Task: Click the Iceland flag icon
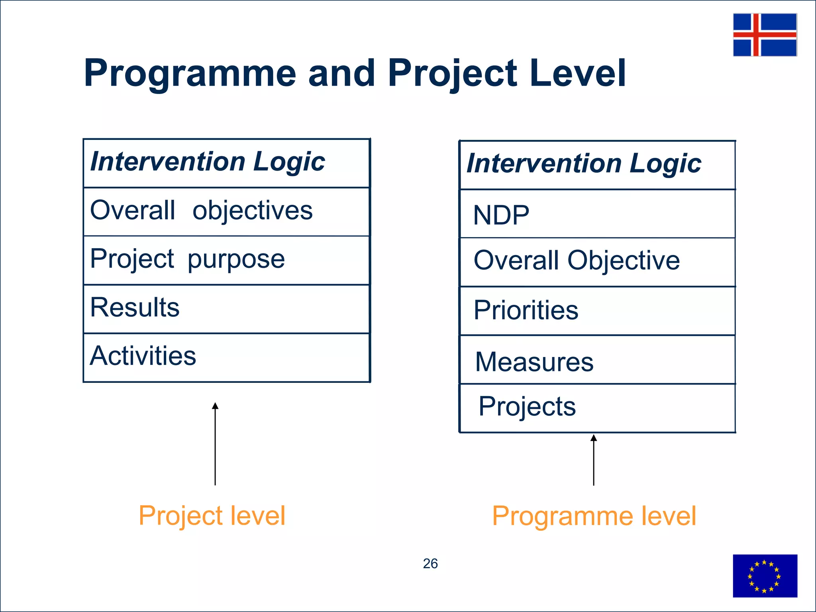(765, 35)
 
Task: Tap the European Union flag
(765, 575)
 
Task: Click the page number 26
(430, 563)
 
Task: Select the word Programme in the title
(190, 73)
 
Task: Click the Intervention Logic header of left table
(207, 162)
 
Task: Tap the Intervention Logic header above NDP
(583, 164)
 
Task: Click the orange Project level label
(212, 516)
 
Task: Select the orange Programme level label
(594, 516)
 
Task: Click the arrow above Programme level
(594, 460)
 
